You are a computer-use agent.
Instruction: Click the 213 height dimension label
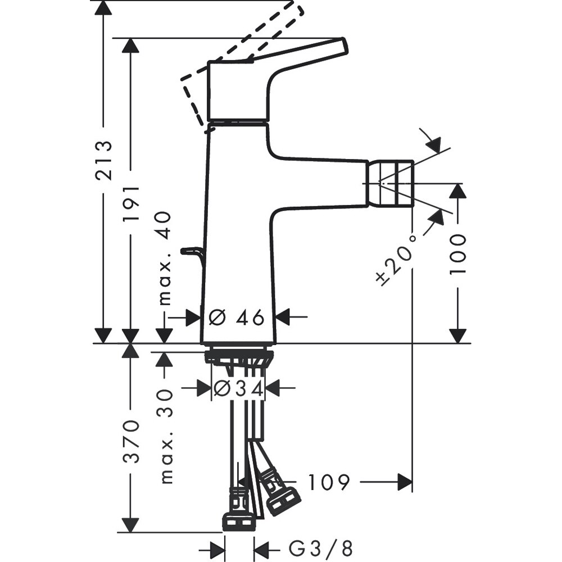tap(103, 161)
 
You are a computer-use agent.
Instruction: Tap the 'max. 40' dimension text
tap(165, 259)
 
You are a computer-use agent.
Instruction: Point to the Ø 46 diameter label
tap(237, 318)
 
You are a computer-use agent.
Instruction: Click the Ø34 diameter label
tap(239, 388)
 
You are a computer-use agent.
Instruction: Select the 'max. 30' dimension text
tap(165, 443)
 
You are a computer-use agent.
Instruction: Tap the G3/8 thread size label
tap(321, 547)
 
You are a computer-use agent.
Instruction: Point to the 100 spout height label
tap(459, 253)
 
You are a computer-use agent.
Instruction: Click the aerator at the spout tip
tap(391, 183)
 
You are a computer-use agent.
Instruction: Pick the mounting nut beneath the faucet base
tap(239, 356)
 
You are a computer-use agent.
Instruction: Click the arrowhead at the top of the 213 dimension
tap(102, 8)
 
